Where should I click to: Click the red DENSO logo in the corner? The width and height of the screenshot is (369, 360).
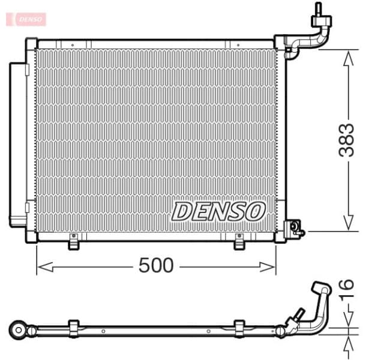26,19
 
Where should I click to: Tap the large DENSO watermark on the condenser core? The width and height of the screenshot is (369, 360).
218,211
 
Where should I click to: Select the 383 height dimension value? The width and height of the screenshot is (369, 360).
347,140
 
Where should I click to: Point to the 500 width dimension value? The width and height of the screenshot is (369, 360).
155,265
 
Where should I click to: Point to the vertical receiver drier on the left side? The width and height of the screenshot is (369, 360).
18,144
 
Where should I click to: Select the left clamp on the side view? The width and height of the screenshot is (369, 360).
74,328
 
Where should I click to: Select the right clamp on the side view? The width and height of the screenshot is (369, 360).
239,328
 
